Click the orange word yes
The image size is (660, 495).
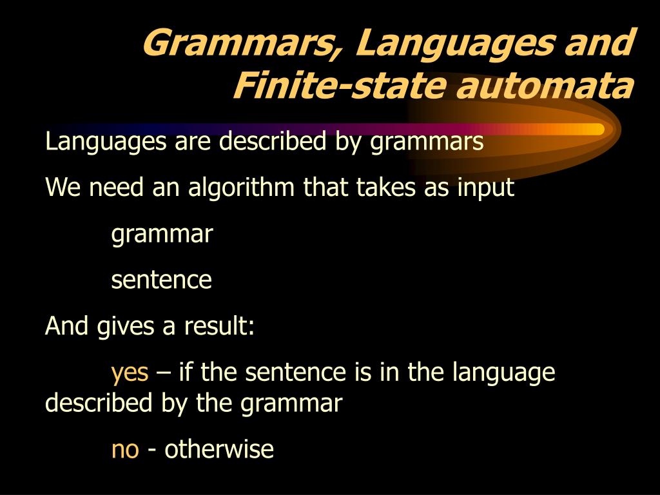(x=130, y=373)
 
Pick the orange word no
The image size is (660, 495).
(x=125, y=449)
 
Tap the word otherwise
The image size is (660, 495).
(x=219, y=449)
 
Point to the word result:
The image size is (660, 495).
(x=220, y=326)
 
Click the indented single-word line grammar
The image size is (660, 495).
(x=162, y=235)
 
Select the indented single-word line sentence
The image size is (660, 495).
(x=161, y=280)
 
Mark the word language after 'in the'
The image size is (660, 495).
(x=504, y=373)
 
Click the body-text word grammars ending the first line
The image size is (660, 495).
(x=426, y=142)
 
